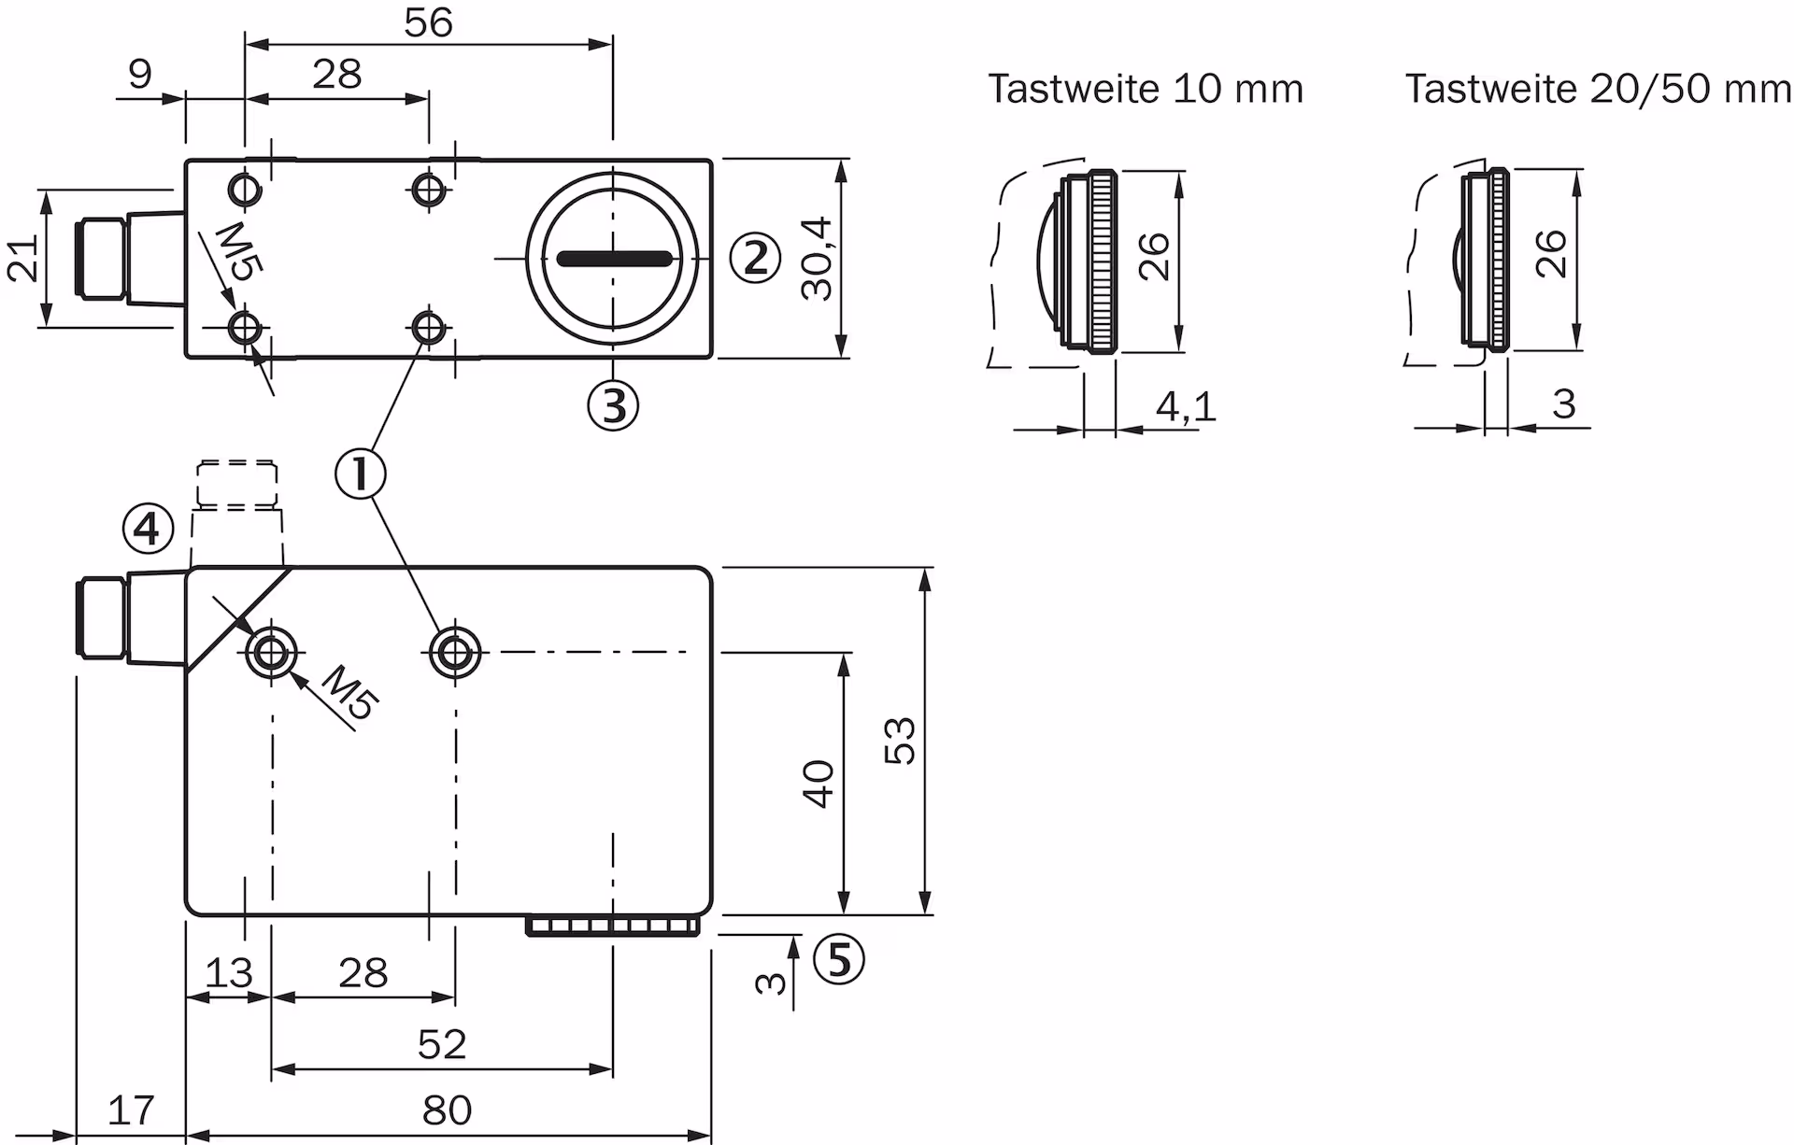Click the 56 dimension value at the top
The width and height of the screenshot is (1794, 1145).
[x=428, y=23]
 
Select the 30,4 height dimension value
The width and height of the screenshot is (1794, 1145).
[x=817, y=259]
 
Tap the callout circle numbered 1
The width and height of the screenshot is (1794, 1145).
[x=361, y=474]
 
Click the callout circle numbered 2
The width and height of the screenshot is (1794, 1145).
[x=754, y=258]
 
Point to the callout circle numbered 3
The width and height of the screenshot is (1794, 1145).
[x=613, y=405]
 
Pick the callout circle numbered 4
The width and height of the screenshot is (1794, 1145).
[x=149, y=530]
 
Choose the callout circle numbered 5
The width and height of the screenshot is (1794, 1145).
[x=839, y=959]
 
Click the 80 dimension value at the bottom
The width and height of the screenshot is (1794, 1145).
[x=447, y=1110]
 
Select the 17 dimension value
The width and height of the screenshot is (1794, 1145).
[x=131, y=1110]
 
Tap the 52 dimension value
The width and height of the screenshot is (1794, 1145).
[x=441, y=1044]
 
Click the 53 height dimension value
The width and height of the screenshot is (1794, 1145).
[x=900, y=741]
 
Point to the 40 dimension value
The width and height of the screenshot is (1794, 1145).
[x=819, y=784]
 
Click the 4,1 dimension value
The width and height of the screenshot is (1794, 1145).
[x=1186, y=406]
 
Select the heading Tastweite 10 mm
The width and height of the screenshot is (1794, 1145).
[x=1146, y=90]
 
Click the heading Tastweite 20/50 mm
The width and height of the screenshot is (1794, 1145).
[x=1598, y=90]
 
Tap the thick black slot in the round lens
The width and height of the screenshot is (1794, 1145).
[x=613, y=259]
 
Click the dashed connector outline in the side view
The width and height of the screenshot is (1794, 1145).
[x=237, y=484]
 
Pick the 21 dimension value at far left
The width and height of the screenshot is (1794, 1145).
[x=23, y=259]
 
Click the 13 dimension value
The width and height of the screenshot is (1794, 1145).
[x=228, y=973]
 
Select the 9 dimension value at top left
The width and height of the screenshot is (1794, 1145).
[x=140, y=74]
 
